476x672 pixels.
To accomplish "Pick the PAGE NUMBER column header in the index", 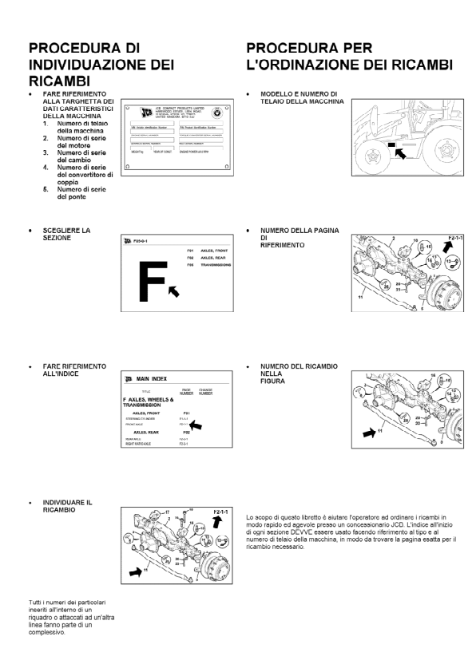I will point(186,392).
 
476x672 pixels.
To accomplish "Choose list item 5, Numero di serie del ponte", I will point(76,192).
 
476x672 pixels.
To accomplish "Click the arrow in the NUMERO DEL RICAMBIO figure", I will point(368,433).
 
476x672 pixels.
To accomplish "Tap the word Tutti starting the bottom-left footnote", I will point(34,601).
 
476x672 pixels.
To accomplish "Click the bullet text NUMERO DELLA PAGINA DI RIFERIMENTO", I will point(299,237).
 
